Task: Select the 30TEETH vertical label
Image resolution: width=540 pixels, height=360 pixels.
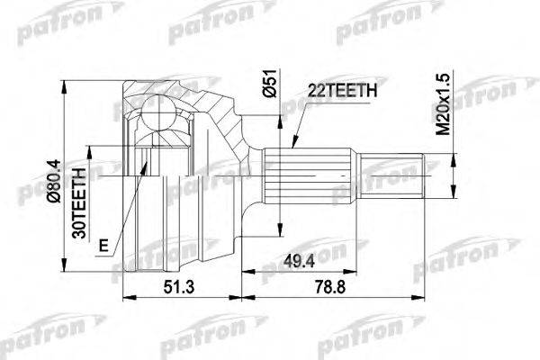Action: tap(78, 200)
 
